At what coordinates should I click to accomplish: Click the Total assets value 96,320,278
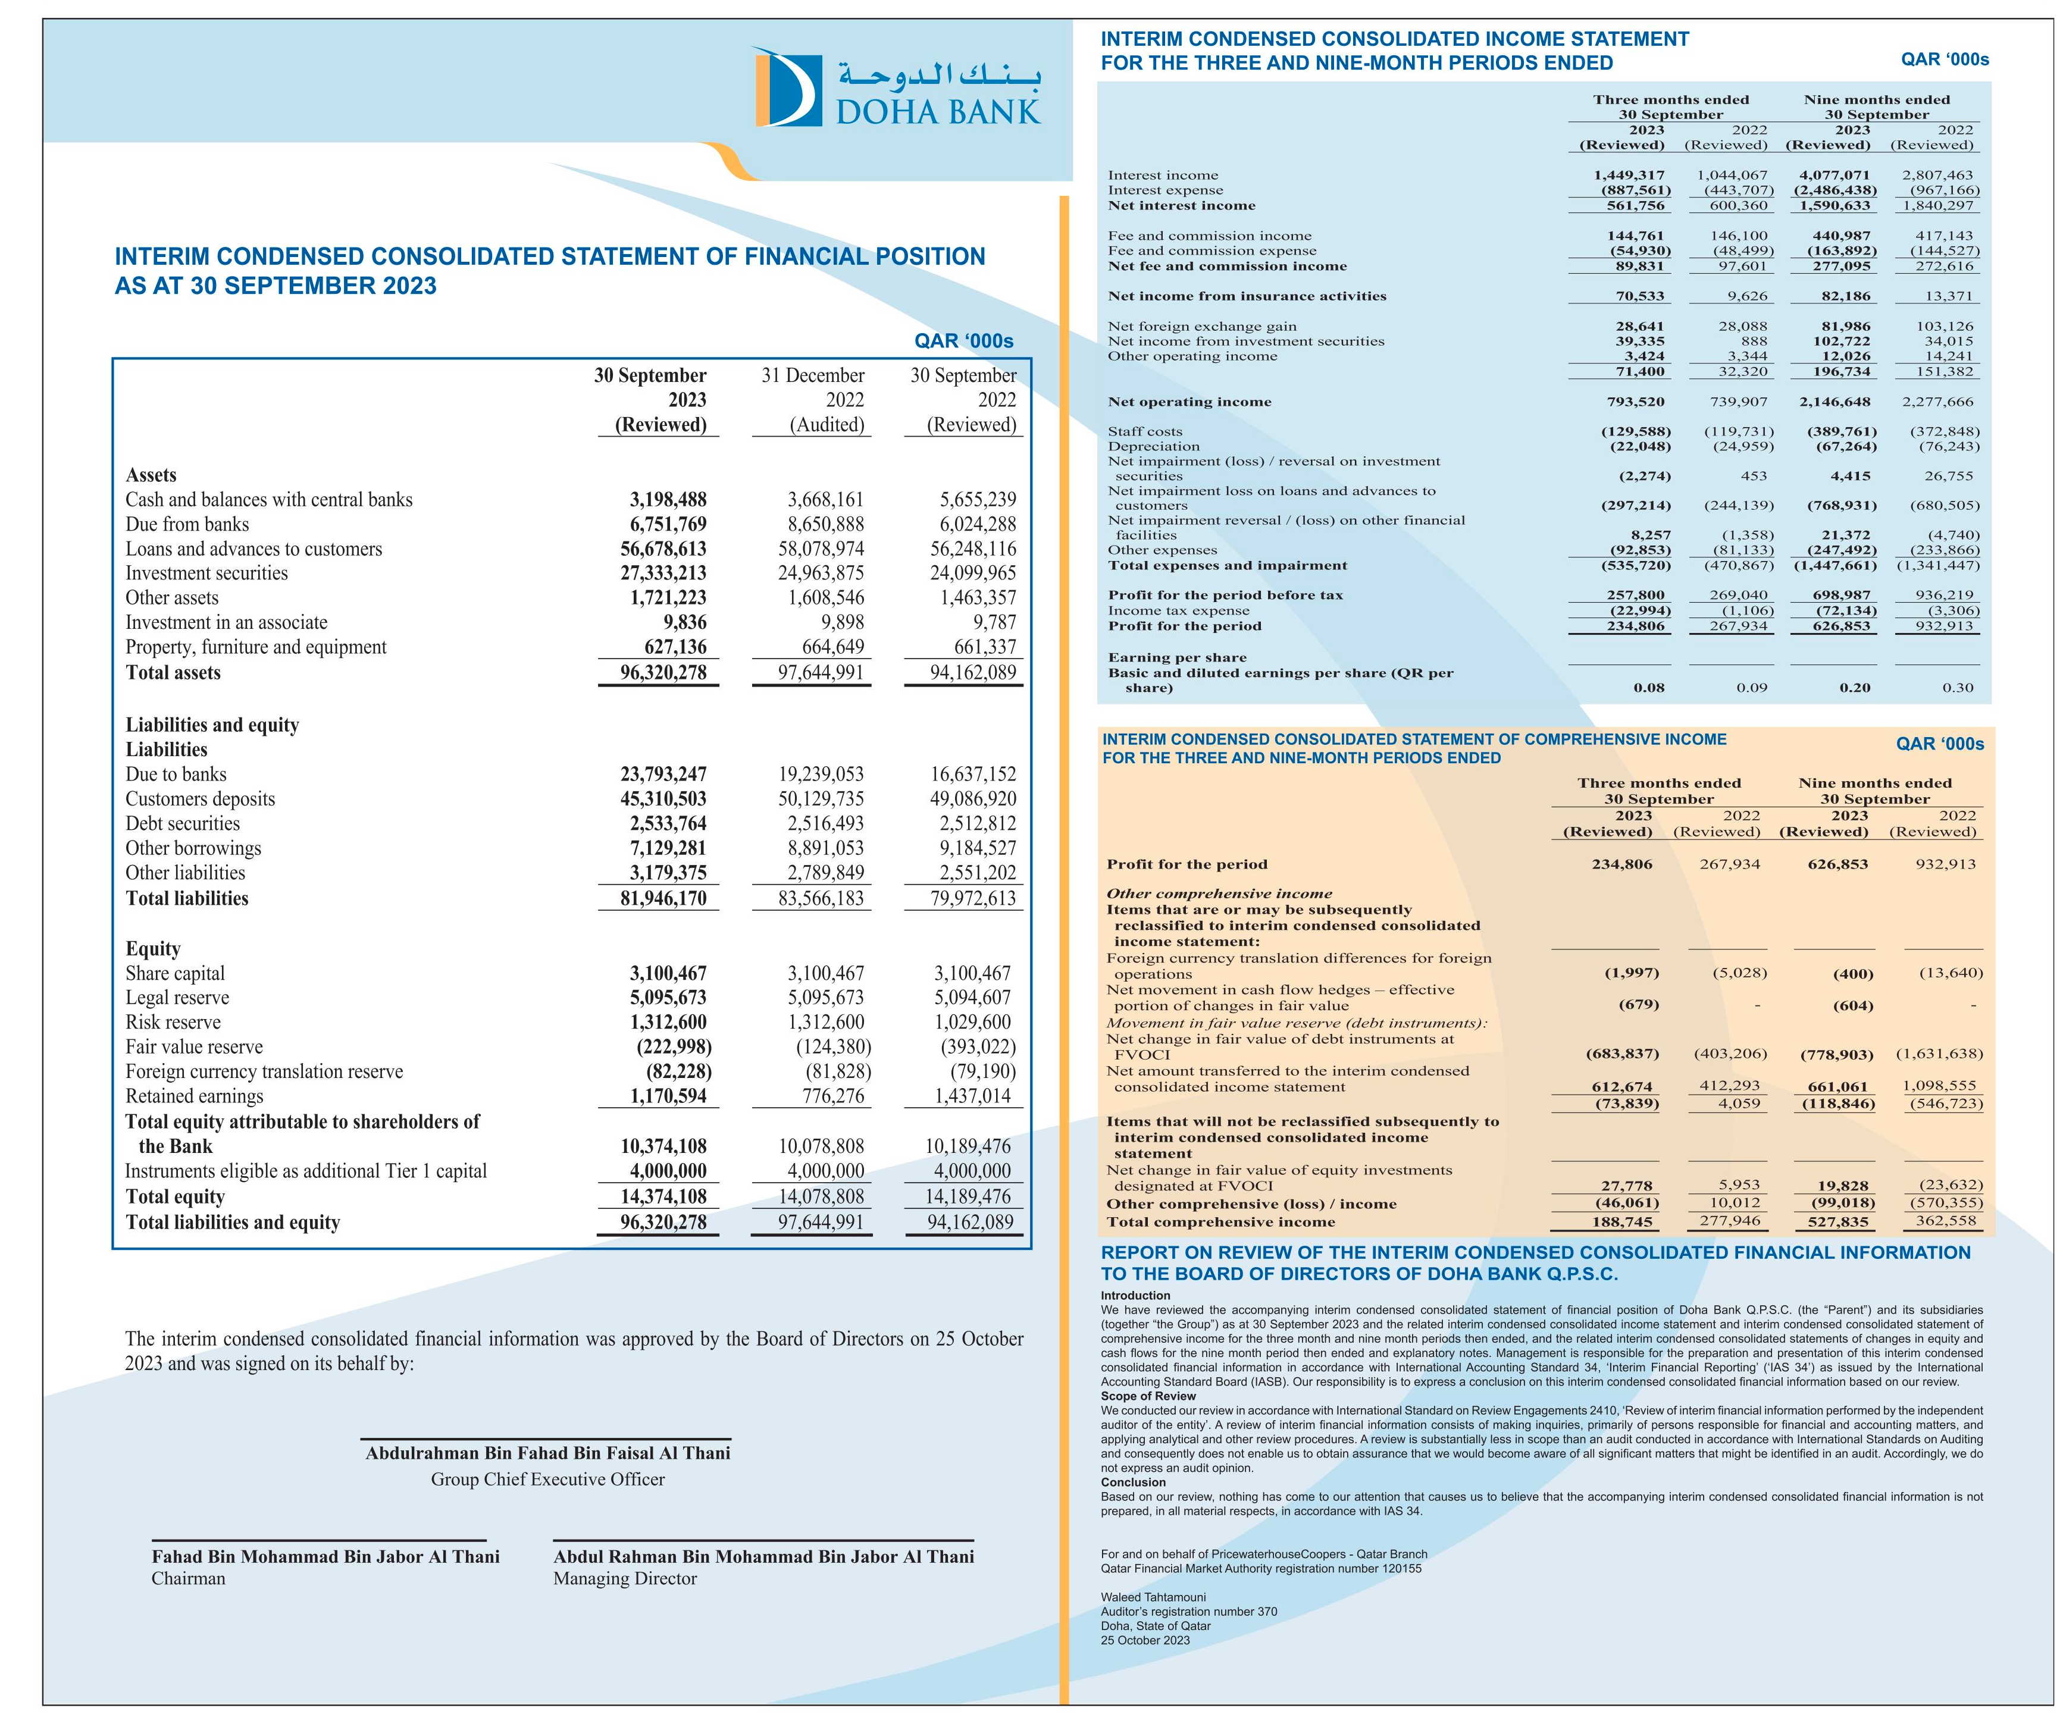(663, 673)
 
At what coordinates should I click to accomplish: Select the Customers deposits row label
(201, 799)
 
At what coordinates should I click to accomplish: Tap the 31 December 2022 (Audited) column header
(812, 400)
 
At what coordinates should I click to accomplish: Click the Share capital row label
(175, 973)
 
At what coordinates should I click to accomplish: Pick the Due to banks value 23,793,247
(663, 774)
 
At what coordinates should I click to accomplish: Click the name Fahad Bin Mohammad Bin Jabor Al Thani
(325, 1556)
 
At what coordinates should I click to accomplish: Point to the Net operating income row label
(1189, 402)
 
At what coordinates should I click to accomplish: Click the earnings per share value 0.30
(1957, 688)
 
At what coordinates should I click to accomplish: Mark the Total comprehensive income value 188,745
(1622, 1222)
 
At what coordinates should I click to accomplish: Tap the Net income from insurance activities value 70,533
(1639, 296)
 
